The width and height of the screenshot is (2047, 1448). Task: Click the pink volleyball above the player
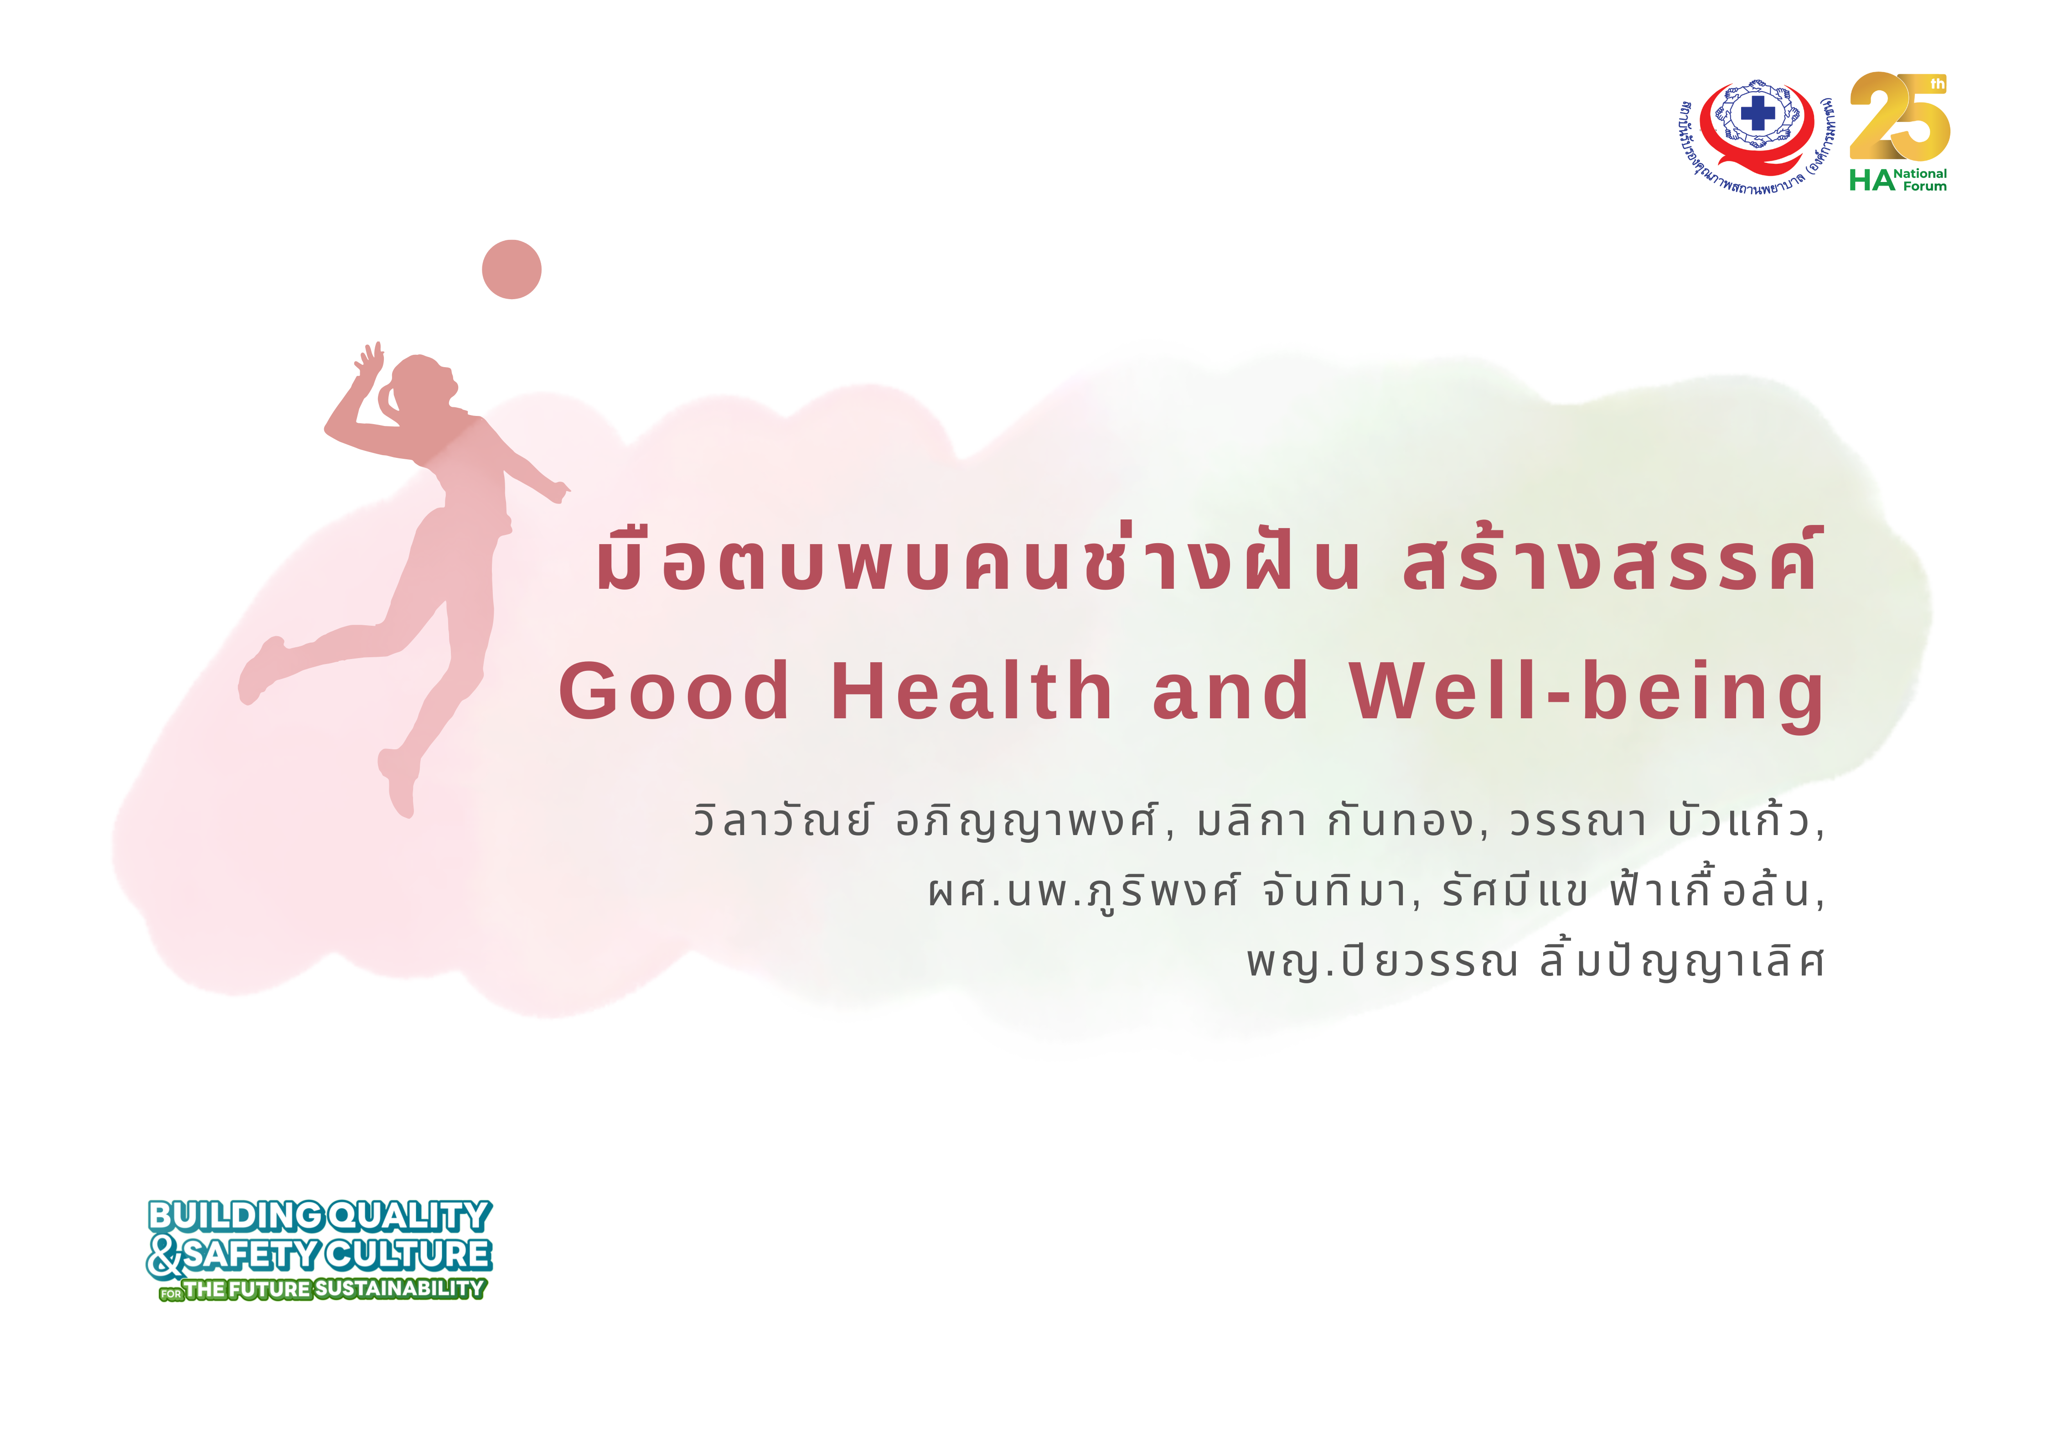point(512,269)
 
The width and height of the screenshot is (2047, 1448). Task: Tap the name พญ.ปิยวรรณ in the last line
point(1382,960)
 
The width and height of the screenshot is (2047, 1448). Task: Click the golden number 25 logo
point(1899,116)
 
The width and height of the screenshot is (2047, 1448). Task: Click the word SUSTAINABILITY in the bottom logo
point(399,1288)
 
